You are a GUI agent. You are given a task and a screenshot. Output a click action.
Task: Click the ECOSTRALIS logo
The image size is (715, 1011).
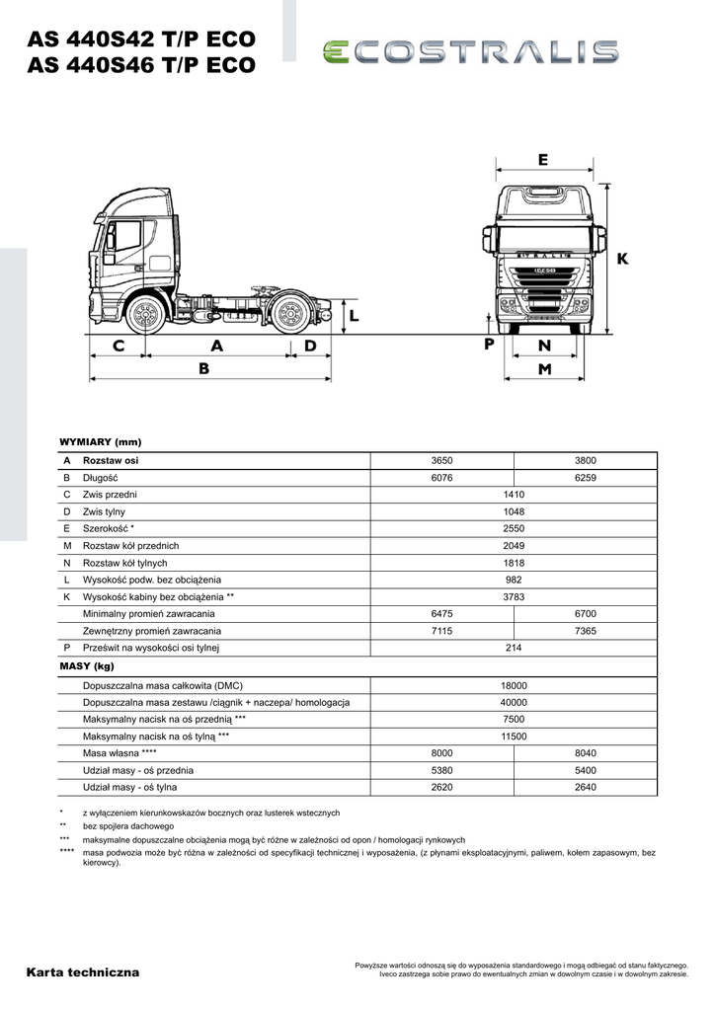click(470, 52)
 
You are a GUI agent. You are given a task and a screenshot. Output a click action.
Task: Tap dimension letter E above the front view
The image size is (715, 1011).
click(543, 160)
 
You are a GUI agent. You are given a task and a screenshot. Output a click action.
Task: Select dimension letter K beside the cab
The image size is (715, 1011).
click(622, 259)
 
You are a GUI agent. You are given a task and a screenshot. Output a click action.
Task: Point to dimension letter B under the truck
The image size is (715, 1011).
click(204, 368)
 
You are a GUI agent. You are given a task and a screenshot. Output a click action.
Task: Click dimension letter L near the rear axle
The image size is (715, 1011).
click(354, 316)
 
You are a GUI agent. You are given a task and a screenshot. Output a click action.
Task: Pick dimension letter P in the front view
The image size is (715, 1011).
click(489, 345)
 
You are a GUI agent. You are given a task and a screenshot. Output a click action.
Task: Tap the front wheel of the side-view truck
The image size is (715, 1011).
click(145, 315)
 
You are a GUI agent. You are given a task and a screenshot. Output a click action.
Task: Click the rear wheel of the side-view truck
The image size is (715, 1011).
click(288, 315)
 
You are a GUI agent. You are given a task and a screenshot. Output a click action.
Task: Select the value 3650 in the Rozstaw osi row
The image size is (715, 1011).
click(441, 460)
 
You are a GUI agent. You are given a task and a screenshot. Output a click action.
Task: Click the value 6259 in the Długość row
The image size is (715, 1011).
click(586, 477)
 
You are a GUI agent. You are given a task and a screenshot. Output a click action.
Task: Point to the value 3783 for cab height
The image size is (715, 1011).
click(514, 597)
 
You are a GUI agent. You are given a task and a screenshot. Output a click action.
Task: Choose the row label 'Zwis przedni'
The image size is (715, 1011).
click(110, 495)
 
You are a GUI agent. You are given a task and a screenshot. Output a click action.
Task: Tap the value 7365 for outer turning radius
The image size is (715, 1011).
click(586, 631)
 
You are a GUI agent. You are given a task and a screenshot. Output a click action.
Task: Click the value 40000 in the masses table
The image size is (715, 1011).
click(514, 702)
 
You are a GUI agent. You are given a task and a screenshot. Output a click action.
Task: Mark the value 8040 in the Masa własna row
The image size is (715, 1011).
click(586, 752)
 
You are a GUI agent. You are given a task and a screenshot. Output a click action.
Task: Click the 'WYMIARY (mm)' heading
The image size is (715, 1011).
click(101, 441)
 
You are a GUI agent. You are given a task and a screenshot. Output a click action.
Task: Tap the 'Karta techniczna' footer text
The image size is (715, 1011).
click(84, 972)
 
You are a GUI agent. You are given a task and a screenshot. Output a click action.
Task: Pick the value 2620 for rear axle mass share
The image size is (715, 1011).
click(441, 787)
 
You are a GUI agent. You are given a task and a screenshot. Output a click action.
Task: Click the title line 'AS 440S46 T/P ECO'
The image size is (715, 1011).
click(142, 66)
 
